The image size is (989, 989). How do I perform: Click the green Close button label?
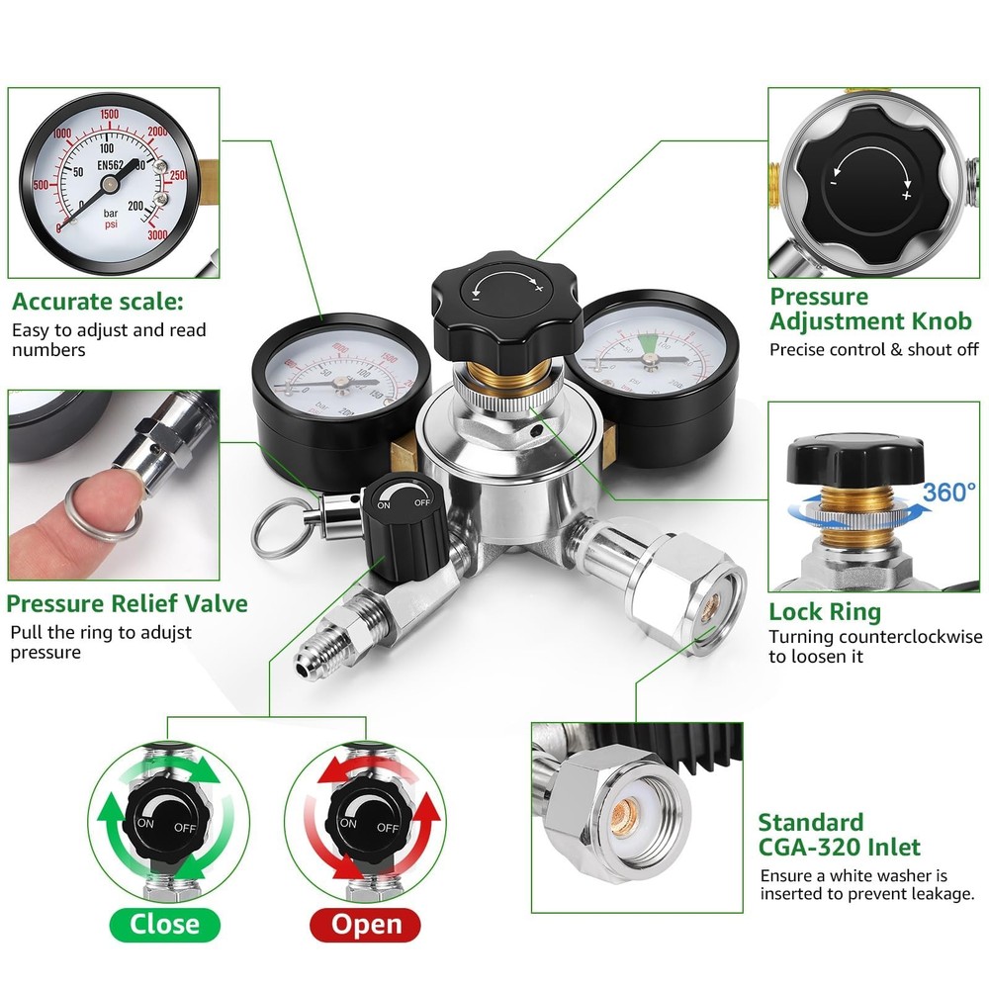164,925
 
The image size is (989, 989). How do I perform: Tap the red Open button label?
366,925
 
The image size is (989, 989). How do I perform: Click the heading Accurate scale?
98,302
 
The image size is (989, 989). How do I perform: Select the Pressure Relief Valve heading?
128,603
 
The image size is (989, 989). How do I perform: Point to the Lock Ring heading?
825,612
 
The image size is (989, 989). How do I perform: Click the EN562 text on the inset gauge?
117,165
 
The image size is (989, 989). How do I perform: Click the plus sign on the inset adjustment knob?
906,196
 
